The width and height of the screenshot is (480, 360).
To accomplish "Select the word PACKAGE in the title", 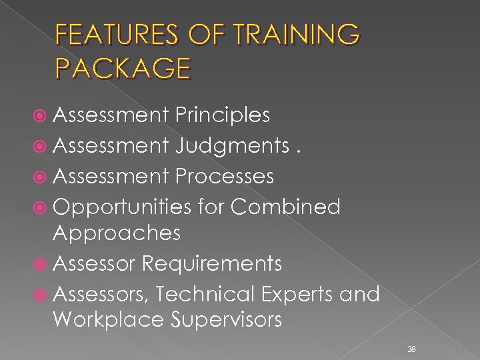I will tap(123, 68).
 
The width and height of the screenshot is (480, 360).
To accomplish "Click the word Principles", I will tap(223, 115).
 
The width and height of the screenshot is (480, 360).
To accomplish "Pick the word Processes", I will tap(225, 176).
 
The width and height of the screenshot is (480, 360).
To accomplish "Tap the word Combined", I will tap(285, 207).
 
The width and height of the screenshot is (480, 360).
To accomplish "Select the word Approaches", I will tap(117, 233).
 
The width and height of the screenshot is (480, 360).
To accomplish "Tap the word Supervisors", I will tap(227, 320).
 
